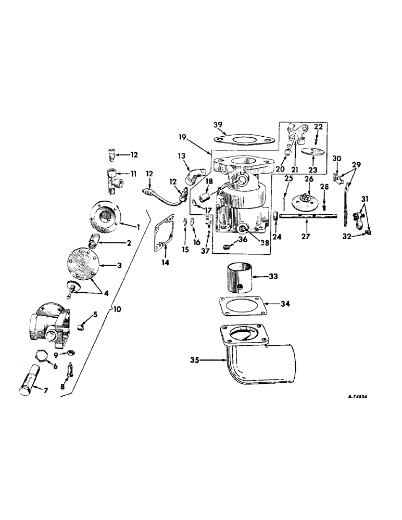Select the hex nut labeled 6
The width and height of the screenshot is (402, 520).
(39, 355)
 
